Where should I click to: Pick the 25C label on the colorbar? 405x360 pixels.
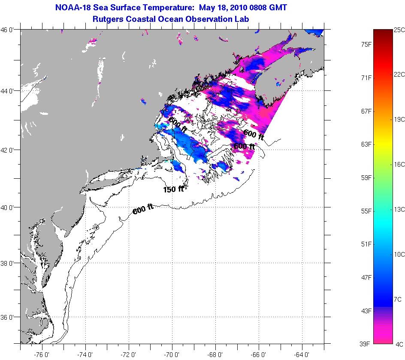[x=399, y=30]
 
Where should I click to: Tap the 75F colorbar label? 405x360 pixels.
[x=366, y=44]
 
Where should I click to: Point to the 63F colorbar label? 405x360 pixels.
[x=366, y=144]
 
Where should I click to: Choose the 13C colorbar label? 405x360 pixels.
[x=399, y=209]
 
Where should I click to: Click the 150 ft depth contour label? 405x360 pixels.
[x=173, y=189]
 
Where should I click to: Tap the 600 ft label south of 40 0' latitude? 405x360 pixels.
[x=143, y=209]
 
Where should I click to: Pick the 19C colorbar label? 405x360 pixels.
[x=399, y=119]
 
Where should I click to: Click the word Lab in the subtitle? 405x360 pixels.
[x=242, y=19]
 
